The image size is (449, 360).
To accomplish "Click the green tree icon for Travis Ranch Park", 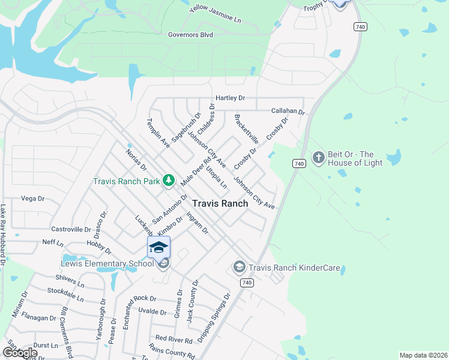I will coord(169,181).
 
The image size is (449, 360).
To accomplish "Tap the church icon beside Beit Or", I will coord(318,158).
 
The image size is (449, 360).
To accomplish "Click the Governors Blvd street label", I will coord(191,35).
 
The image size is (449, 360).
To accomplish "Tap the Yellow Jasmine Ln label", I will coord(215,14).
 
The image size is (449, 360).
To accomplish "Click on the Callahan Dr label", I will coord(288,112).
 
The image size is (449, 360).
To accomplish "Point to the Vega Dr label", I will coord(33,199).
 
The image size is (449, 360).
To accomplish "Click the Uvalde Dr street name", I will coord(152,312).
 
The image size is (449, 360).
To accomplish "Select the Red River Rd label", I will coord(173,340).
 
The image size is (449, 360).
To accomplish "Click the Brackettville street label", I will coord(247,128).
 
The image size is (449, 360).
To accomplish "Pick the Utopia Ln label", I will coord(217,178).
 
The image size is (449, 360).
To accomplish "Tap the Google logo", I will coord(19,353).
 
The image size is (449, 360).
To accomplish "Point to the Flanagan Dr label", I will coord(40,317).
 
